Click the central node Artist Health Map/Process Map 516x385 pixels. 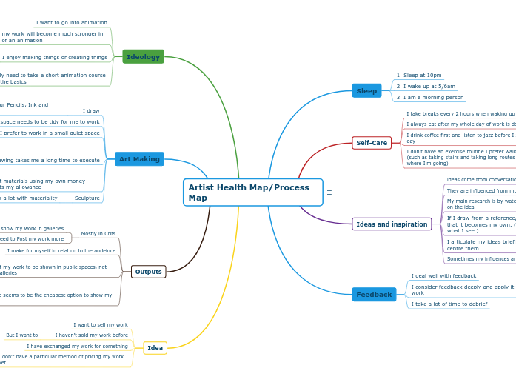tap(252, 192)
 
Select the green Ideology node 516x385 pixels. tap(143, 57)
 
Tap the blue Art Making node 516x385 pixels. tap(139, 159)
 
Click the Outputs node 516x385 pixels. tap(148, 272)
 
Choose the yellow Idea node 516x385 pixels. tap(155, 348)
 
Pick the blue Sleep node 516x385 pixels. tap(366, 91)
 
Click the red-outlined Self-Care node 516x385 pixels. tap(372, 143)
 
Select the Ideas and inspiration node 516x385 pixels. tap(392, 224)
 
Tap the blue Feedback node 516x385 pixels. tap(374, 295)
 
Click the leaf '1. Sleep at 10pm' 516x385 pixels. tap(419, 75)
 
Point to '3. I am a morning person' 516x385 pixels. tap(429, 97)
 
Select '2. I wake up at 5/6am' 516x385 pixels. tap(426, 86)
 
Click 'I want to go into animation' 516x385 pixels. tap(71, 23)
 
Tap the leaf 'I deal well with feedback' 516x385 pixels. tap(443, 276)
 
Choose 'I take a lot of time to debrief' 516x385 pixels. tap(449, 304)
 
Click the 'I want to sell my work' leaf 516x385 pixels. tap(101, 324)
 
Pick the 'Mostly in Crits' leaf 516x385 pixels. tap(98, 233)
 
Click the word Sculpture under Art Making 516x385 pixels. tap(87, 198)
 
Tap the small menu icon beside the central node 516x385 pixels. tap(329, 192)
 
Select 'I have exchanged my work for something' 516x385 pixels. tap(77, 346)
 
